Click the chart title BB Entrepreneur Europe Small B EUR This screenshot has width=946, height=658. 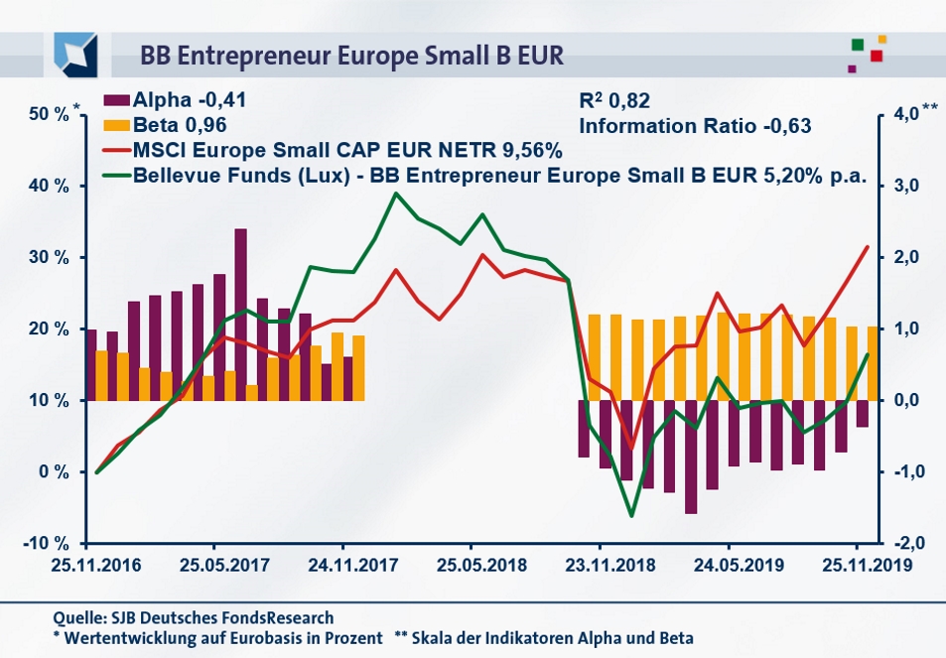351,56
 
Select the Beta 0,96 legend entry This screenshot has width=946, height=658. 168,125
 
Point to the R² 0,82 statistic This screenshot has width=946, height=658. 616,100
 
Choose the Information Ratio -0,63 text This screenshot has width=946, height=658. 695,126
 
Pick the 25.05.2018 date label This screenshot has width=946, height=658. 472,566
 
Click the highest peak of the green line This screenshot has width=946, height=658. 396,194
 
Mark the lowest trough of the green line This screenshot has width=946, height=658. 631,516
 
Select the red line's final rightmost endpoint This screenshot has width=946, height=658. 868,247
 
